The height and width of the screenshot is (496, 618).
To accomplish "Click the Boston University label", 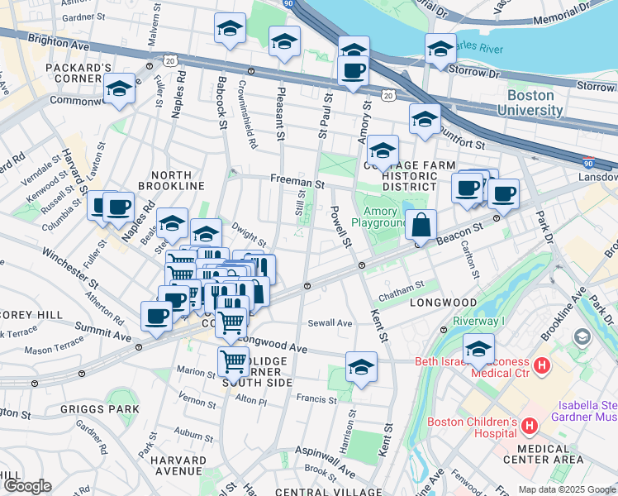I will tap(530, 102).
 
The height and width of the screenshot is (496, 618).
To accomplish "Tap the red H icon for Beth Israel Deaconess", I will tap(542, 365).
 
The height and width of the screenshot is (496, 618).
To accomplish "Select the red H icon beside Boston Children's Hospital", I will tap(530, 427).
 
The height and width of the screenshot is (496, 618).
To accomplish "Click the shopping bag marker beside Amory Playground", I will tap(421, 225).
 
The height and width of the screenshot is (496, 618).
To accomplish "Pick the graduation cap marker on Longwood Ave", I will tap(361, 366).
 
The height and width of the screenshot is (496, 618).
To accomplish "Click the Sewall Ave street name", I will tap(330, 322).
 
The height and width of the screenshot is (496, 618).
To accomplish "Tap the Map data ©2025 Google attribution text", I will tap(567, 489).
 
